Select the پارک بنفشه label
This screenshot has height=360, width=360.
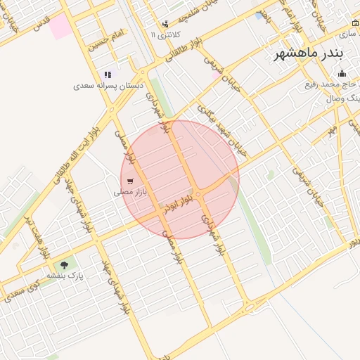click(65, 276)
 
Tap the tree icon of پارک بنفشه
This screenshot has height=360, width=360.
click(65, 265)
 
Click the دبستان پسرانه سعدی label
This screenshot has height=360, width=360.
click(108, 85)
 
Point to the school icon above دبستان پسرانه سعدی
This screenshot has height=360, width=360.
click(108, 75)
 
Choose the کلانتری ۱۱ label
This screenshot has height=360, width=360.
click(166, 34)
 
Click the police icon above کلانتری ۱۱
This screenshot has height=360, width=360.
click(165, 24)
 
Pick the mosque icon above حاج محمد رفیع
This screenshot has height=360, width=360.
click(342, 74)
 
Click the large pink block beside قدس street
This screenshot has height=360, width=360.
click(60, 27)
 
